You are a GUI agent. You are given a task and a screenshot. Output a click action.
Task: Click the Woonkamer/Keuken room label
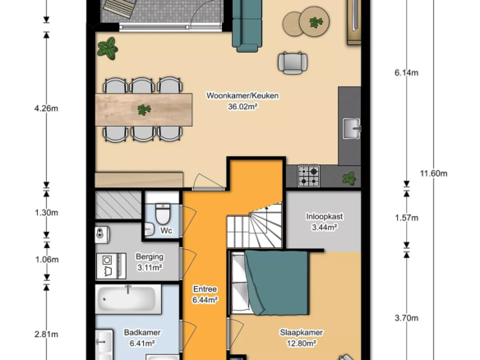coord(242,96)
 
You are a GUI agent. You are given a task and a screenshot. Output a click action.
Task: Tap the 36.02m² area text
coord(242,107)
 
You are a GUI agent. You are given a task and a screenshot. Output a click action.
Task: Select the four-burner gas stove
coord(308,176)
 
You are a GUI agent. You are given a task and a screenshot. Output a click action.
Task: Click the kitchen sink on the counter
coord(352,128)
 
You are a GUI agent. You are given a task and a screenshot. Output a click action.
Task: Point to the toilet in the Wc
coord(163,214)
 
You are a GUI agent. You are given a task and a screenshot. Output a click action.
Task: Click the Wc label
coord(166,230)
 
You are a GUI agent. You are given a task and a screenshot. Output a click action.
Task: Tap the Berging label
coord(150,256)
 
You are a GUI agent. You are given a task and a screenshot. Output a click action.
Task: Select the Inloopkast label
coord(325,216)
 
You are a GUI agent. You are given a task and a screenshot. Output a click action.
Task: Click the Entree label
coord(205,289)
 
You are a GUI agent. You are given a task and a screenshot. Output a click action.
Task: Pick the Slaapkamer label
coord(301,332)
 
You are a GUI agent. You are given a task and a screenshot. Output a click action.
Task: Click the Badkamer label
coord(142,332)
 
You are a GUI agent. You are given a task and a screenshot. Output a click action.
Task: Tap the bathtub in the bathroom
coord(128,299)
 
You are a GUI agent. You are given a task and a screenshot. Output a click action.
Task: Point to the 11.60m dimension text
coord(433,173)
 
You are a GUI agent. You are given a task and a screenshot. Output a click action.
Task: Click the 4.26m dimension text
coord(46,108)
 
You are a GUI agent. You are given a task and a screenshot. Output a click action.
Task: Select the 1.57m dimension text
coord(407,218)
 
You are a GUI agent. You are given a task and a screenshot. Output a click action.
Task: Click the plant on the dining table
coord(144,109)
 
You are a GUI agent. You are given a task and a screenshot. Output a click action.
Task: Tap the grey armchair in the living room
coord(293,63)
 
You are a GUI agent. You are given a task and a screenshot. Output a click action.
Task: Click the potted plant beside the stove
coord(349,178)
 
